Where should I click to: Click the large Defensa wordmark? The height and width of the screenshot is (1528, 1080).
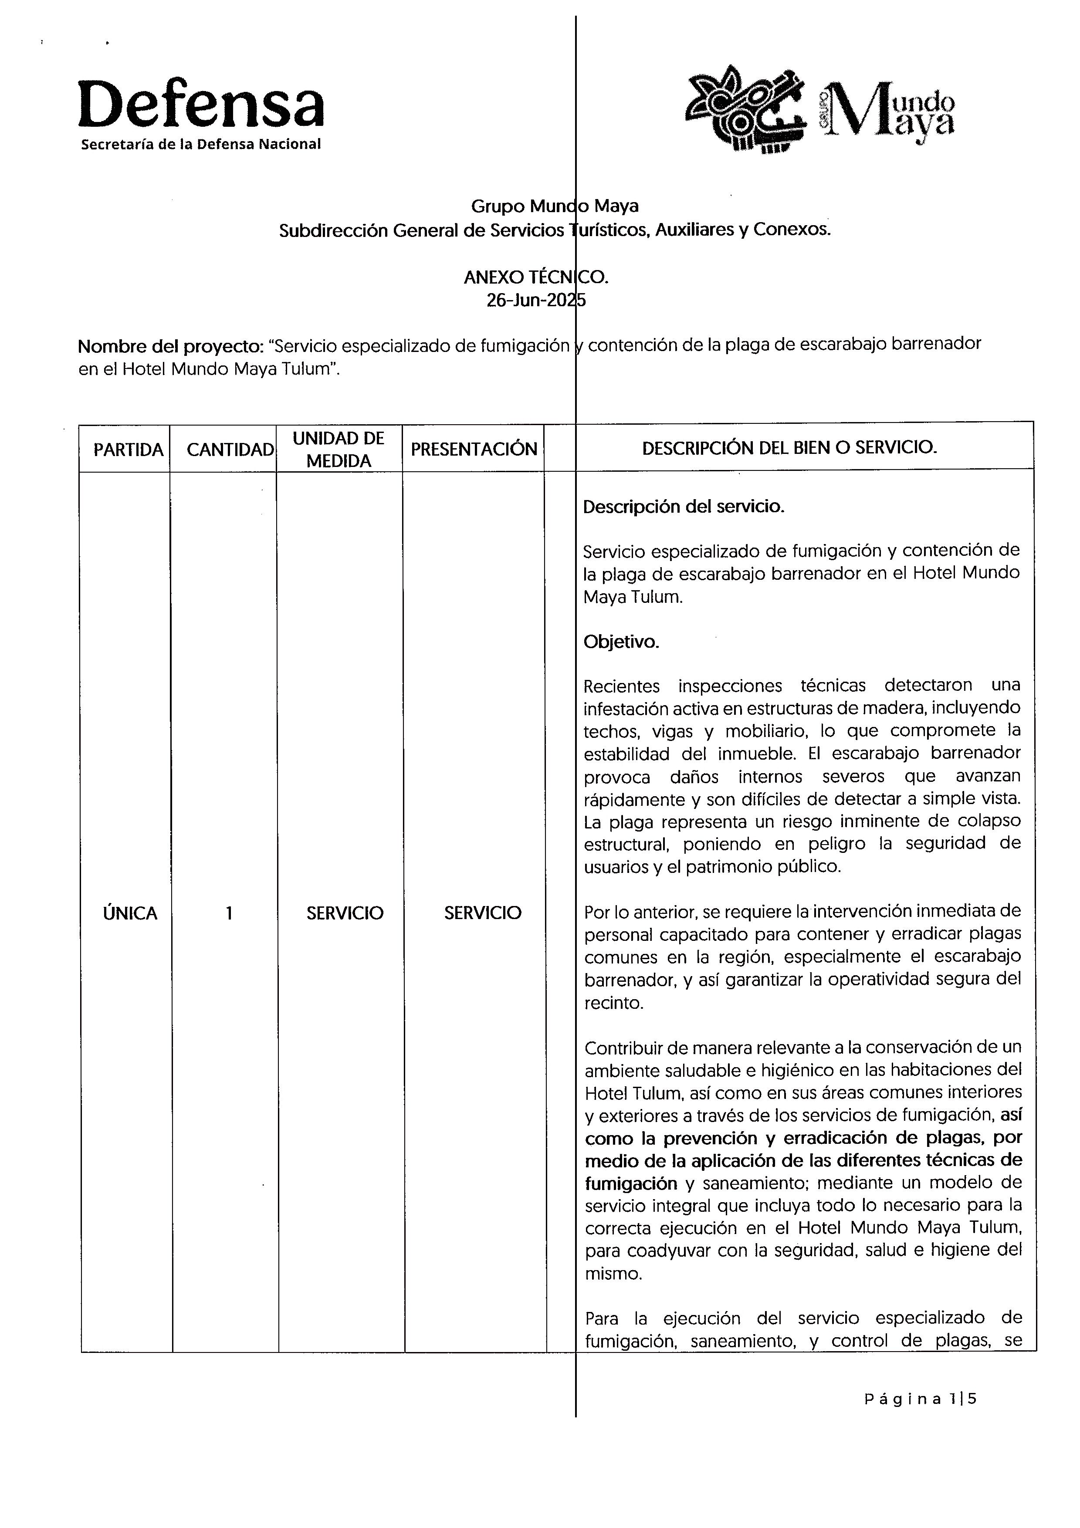click(x=201, y=105)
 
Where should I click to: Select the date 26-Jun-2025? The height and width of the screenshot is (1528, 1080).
click(x=536, y=301)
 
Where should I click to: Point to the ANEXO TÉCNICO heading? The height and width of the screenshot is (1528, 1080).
click(x=536, y=277)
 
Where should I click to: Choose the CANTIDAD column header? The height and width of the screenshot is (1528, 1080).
click(x=230, y=450)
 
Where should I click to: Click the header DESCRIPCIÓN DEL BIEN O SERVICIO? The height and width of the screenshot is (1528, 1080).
click(x=789, y=447)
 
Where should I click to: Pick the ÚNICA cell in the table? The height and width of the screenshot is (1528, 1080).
click(x=130, y=913)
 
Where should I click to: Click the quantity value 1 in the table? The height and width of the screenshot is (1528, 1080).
click(x=229, y=913)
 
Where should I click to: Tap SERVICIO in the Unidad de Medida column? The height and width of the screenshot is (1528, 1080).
click(x=345, y=913)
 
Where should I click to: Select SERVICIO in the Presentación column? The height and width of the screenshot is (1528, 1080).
click(x=482, y=913)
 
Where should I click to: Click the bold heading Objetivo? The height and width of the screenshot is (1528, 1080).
click(x=621, y=642)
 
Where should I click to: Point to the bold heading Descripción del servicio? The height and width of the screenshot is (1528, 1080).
click(x=684, y=507)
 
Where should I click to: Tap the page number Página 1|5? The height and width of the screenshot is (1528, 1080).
click(x=920, y=1399)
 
